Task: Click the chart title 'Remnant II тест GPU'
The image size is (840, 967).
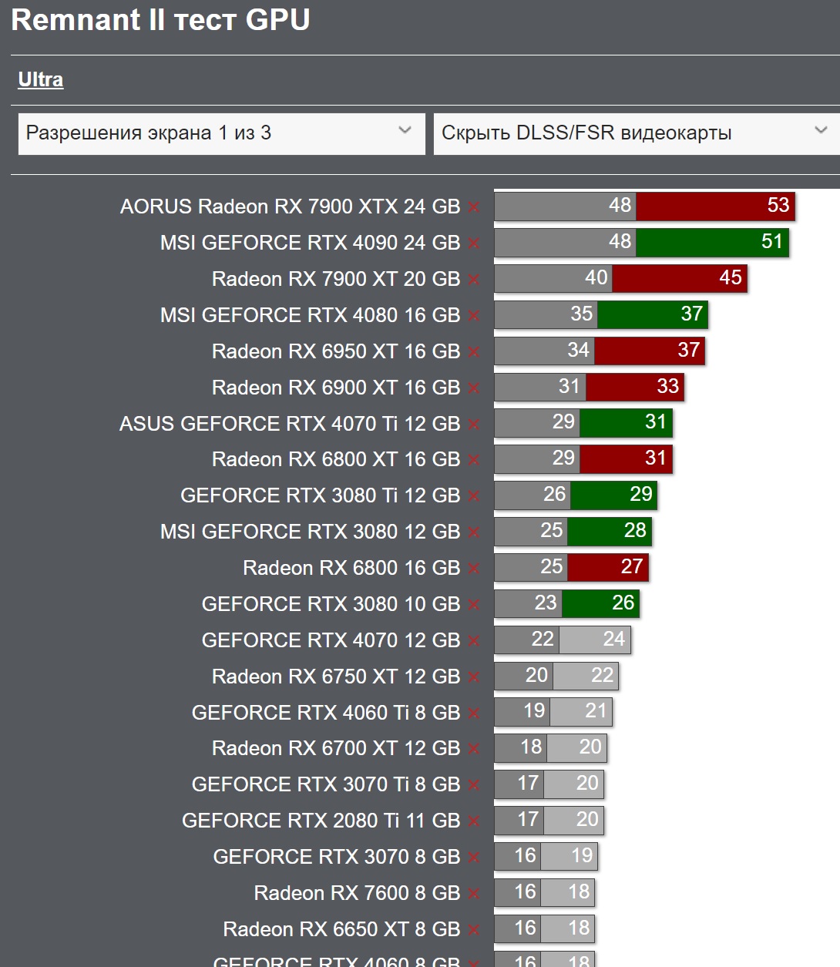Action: (160, 20)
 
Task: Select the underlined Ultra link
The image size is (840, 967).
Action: (41, 80)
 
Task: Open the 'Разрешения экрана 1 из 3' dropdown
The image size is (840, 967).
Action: (221, 133)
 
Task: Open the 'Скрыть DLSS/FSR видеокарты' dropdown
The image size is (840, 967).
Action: (636, 133)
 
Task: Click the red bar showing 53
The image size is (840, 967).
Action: (714, 206)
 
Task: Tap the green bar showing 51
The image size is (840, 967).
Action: (711, 242)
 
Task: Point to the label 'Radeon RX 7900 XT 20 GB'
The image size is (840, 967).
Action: (336, 279)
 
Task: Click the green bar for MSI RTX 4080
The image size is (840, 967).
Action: (652, 314)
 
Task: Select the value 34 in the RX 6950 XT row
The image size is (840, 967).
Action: (578, 351)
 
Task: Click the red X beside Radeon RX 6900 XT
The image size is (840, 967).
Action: (474, 388)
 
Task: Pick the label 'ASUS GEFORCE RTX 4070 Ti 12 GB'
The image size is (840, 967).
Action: (290, 424)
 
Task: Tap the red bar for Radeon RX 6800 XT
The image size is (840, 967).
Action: (626, 458)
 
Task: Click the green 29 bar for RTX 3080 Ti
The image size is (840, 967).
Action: (613, 495)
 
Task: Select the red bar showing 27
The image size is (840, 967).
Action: (607, 567)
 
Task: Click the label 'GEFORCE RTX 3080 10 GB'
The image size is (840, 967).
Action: (331, 604)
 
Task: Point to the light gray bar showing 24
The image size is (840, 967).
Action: (595, 640)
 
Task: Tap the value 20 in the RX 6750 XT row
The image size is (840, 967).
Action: (536, 676)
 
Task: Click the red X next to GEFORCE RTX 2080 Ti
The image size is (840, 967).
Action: (474, 821)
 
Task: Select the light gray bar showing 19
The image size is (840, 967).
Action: (569, 856)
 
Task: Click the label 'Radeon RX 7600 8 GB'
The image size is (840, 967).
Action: (357, 893)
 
